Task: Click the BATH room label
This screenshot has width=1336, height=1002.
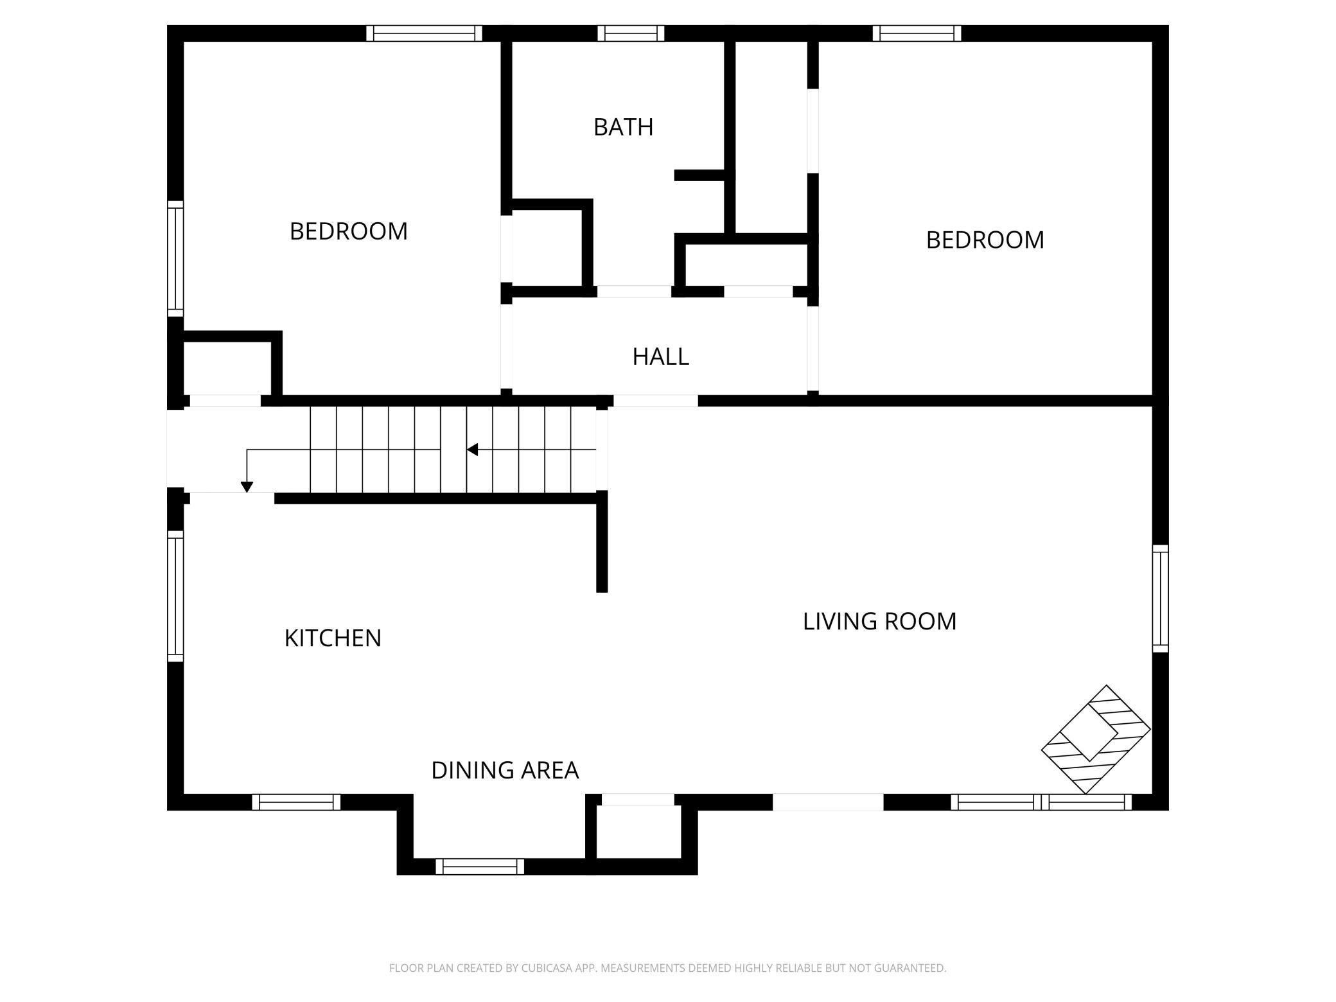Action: (623, 127)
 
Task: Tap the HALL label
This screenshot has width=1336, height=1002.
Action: (660, 356)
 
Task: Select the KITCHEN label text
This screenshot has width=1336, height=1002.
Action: (333, 638)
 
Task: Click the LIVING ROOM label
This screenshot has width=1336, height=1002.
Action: (879, 621)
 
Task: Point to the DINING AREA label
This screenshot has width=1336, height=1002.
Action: (505, 770)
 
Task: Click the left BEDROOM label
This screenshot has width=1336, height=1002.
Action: (348, 231)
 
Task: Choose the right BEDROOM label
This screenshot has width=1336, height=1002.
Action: (985, 240)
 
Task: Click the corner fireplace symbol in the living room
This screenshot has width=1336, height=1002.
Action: (1096, 739)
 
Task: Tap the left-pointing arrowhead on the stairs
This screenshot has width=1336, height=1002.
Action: (472, 450)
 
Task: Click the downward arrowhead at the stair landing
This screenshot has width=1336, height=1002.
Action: (247, 487)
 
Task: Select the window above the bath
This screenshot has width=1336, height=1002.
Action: (631, 33)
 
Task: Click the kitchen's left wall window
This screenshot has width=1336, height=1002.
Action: (175, 596)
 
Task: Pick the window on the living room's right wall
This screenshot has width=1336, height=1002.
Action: (1160, 598)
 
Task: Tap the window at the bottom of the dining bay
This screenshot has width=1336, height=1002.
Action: (480, 866)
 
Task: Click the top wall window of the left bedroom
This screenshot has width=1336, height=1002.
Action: (424, 33)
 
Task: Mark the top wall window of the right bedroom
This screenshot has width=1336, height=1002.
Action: (917, 33)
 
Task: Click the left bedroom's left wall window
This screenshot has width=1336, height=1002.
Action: (175, 258)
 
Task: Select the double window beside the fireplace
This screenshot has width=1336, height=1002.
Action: (1041, 802)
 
